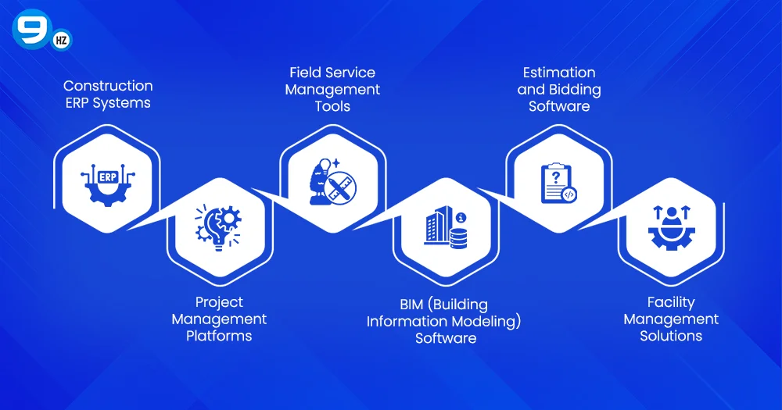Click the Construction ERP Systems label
pos(108,94)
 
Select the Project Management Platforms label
pos(219,319)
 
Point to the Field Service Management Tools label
pos(332,89)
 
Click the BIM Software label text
pos(444,320)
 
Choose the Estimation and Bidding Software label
pos(558,89)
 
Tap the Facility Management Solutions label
pos(671,319)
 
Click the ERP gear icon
pos(106,183)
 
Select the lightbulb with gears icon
pos(219,227)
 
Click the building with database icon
pos(445,228)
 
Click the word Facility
pos(671,301)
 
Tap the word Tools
pos(332,106)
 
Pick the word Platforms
pos(219,336)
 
